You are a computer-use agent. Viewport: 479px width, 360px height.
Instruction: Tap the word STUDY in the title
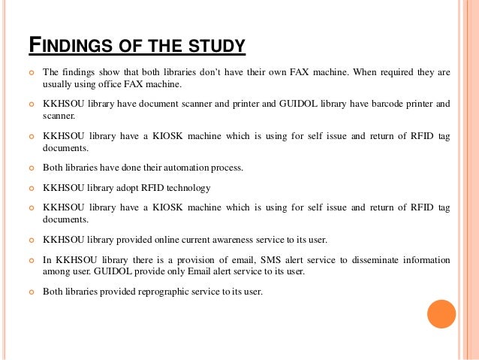click(x=217, y=46)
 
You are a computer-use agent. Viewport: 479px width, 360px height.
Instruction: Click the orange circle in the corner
click(x=441, y=313)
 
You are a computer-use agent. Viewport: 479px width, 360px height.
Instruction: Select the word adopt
click(x=121, y=188)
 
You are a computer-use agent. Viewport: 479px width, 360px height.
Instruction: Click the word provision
click(x=174, y=259)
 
